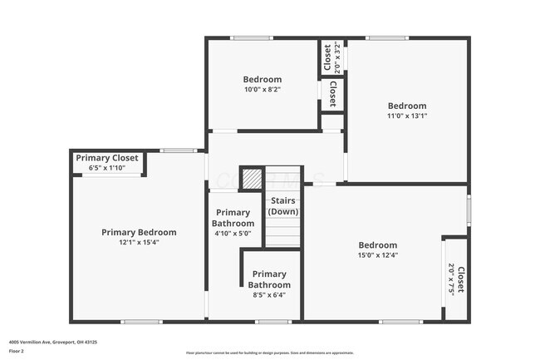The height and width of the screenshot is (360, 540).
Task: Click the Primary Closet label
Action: click(107, 157)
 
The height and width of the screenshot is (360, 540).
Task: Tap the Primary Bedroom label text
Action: click(139, 232)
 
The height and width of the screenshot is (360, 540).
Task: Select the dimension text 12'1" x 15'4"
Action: click(139, 243)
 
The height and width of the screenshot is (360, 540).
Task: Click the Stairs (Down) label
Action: click(283, 205)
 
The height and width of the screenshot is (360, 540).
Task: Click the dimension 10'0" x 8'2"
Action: click(263, 90)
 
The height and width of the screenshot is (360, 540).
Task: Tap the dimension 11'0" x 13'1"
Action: click(407, 116)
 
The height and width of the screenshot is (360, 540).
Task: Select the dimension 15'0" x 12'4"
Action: click(378, 255)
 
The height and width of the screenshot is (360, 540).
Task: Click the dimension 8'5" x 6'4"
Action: click(269, 294)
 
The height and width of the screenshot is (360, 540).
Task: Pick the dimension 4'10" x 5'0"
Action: click(232, 234)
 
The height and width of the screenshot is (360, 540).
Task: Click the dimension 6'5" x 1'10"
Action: click(106, 168)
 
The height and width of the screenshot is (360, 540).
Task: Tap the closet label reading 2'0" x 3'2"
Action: click(332, 59)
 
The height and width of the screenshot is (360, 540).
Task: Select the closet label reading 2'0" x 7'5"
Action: click(456, 279)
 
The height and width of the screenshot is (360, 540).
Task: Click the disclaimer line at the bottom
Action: click(269, 353)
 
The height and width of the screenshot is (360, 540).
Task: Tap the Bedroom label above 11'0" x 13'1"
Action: click(407, 106)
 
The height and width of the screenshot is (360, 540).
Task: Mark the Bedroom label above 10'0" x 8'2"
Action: click(263, 79)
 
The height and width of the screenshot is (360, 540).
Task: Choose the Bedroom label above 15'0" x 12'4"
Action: click(378, 245)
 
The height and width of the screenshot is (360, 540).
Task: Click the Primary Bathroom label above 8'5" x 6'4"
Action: click(269, 279)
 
